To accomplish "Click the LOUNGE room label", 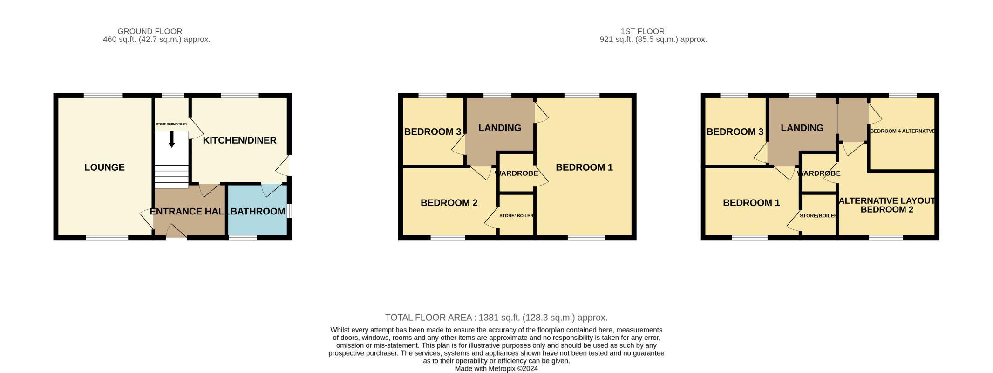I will pos(104,167).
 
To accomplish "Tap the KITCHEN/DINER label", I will pos(239,140).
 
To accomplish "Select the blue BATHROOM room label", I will pos(258,211).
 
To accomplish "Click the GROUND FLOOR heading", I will pos(150,31).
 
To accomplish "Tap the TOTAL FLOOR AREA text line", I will pos(496,318).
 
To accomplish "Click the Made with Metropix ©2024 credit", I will pos(496,369).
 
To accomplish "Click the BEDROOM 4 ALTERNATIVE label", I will pos(902,131).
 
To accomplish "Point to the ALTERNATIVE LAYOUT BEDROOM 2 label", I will pos(887,205).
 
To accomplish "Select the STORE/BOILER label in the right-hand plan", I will pos(818,216).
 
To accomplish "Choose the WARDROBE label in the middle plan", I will pos(516,173).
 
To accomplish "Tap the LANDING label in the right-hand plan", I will pos(802,128).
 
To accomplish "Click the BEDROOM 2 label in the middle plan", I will pos(449,203).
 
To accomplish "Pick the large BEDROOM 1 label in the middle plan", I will pos(584,167).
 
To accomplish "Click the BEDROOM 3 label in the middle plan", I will pos(433,132).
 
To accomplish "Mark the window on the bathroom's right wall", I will pos(289,211).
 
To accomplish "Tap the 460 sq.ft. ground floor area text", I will pos(156,40).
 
